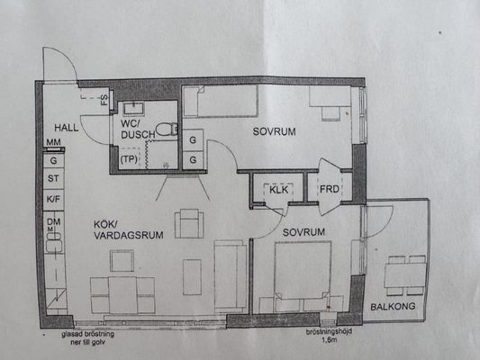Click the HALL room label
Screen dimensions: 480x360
66,128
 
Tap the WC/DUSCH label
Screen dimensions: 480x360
138,130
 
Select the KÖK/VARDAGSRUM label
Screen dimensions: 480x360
128,229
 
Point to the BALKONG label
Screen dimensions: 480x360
393,307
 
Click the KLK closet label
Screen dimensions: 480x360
278,190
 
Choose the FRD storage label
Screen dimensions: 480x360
329,189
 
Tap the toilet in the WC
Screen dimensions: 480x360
168,130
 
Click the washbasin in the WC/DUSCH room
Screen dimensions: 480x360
133,108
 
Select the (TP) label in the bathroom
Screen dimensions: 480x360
129,159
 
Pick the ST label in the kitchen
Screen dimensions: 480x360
53,178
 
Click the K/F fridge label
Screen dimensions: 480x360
53,199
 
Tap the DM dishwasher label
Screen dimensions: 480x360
53,221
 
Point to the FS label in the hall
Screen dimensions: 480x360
104,100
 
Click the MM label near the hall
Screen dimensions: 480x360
53,142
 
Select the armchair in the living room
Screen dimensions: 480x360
189,223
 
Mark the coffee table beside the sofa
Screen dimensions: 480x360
192,277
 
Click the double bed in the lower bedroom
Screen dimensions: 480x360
303,277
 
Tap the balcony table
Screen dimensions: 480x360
405,275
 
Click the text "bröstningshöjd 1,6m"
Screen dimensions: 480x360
329,336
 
